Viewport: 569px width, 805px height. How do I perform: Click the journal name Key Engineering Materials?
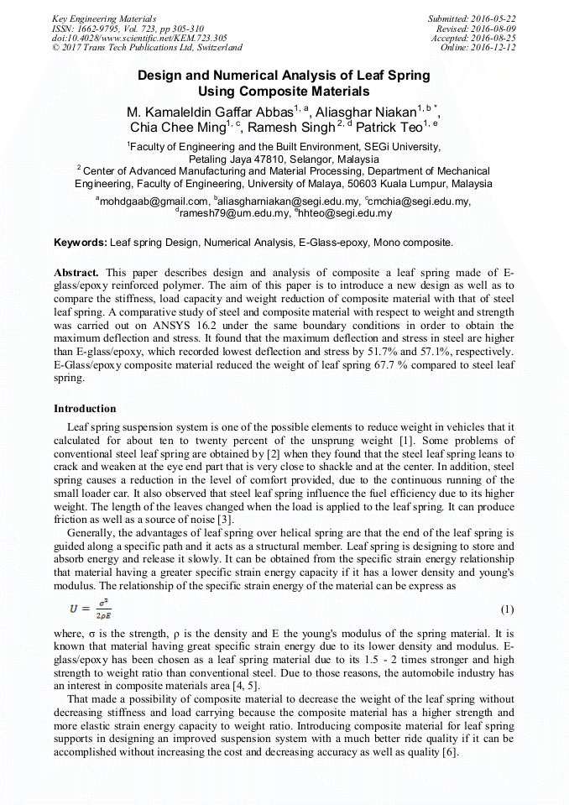(103, 18)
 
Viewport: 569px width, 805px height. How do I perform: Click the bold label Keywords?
(81, 243)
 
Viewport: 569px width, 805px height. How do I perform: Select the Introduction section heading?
(85, 409)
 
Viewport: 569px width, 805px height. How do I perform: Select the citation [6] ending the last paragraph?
(450, 752)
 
